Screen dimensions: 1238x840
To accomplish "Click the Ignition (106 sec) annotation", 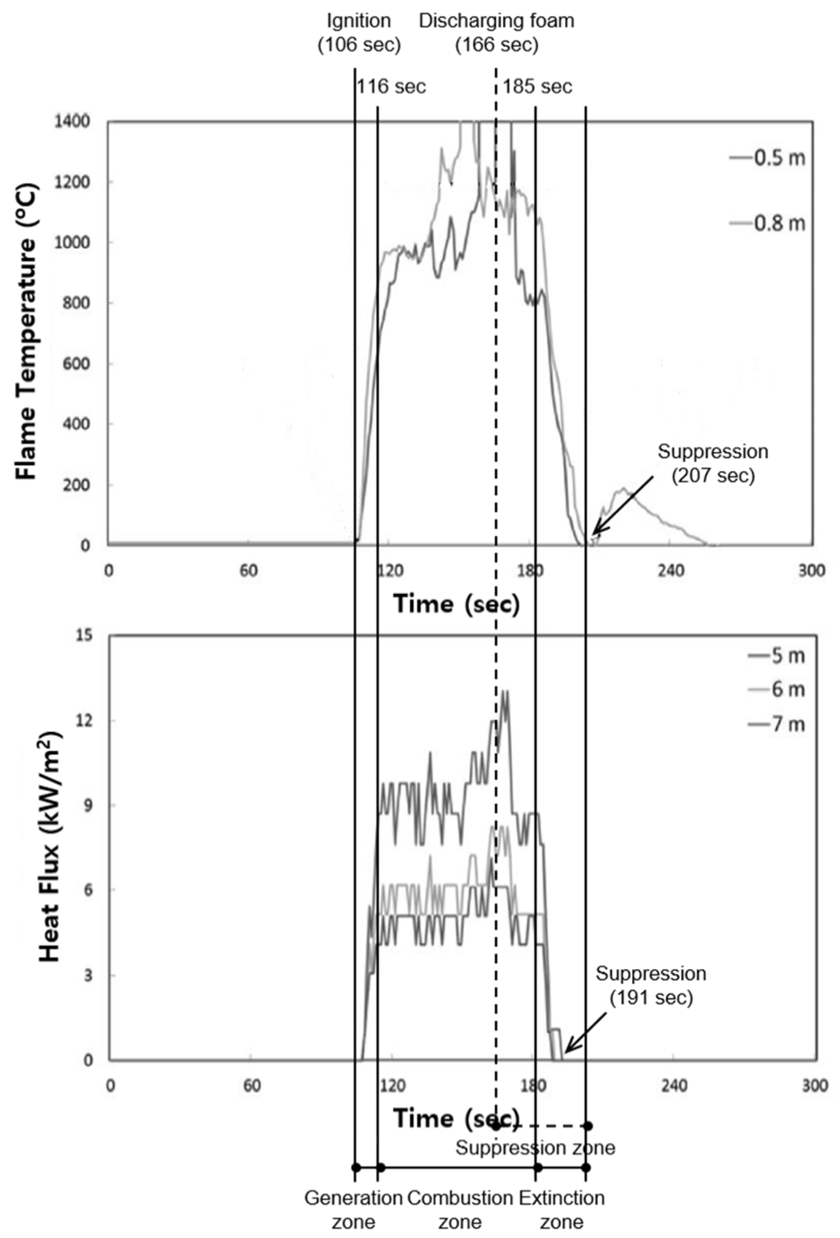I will click(x=358, y=33).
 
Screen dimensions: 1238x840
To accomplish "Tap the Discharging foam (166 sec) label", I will click(x=496, y=33).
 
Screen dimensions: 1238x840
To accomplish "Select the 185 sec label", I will click(x=538, y=87).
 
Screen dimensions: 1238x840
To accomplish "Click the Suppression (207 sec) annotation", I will click(x=713, y=463).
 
